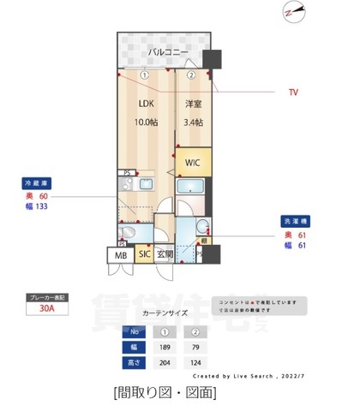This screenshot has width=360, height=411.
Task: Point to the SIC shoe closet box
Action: click(x=145, y=254)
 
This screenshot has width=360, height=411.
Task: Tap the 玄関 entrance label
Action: click(x=165, y=254)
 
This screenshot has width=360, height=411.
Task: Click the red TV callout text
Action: click(x=294, y=92)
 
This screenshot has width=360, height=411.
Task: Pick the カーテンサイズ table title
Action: click(x=165, y=314)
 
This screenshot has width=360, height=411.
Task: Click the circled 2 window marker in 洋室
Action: click(x=192, y=74)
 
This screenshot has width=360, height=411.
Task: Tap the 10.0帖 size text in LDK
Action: click(x=145, y=122)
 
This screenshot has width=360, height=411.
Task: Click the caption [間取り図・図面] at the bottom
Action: click(x=164, y=393)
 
